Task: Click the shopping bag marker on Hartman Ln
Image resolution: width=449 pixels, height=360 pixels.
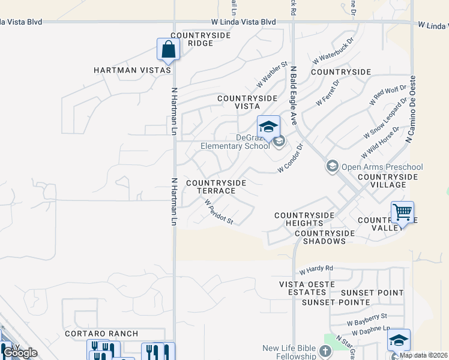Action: pos(168,49)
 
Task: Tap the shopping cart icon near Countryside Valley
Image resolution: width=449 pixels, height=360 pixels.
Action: pos(402,212)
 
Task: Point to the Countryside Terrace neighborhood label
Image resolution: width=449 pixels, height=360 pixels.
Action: pos(216,187)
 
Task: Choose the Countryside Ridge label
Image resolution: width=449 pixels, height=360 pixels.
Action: pos(192,39)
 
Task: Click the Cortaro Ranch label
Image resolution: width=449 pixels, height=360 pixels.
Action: pos(101,334)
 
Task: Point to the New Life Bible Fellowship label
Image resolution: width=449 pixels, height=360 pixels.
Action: pos(289,352)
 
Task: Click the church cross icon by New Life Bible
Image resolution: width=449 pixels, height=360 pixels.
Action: pos(325,351)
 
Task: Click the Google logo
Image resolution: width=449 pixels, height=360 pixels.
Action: pos(20,352)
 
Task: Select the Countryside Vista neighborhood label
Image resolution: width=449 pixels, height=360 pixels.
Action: pos(247,101)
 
